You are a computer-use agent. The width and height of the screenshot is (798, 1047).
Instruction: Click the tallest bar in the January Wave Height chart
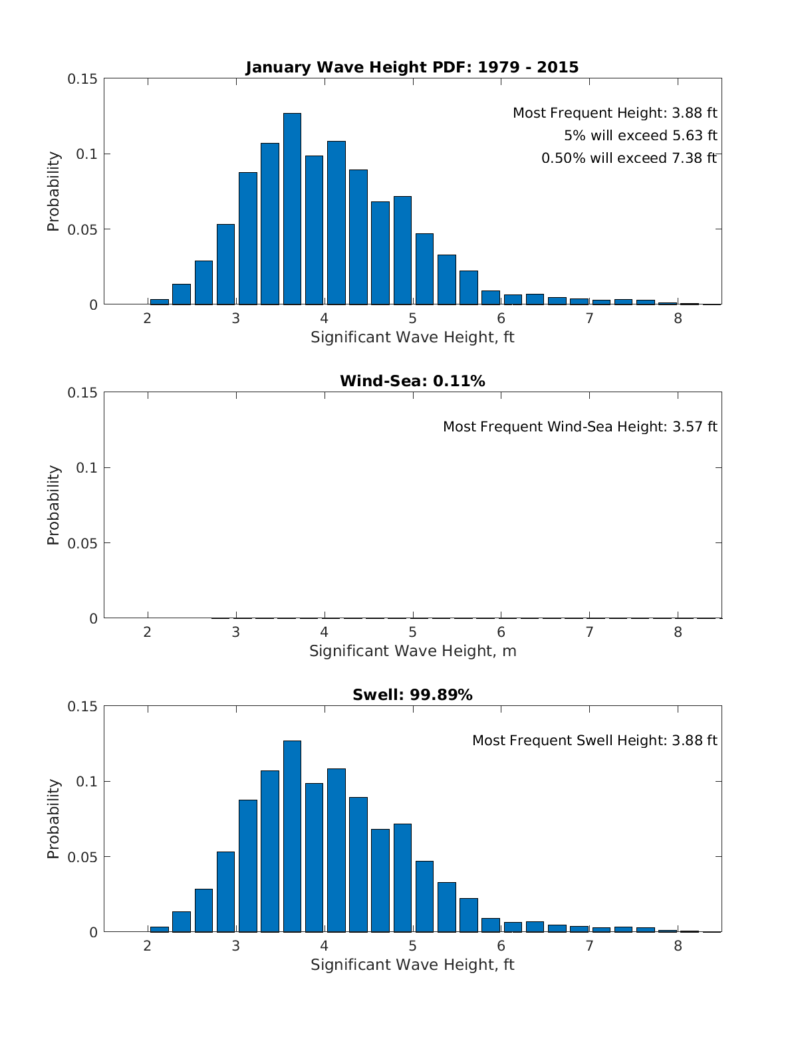(x=292, y=209)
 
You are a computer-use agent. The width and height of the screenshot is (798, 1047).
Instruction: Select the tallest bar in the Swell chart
(x=292, y=837)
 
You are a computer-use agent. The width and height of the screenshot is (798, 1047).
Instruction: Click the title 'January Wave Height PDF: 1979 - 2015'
(x=412, y=67)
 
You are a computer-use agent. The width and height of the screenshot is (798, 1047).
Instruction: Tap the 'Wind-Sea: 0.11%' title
(x=412, y=381)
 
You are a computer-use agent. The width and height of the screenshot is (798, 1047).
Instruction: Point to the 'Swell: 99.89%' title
(x=412, y=695)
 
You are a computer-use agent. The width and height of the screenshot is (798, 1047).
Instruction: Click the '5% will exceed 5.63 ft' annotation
(x=640, y=136)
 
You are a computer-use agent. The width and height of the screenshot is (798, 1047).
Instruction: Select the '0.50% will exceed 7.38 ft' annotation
(x=628, y=158)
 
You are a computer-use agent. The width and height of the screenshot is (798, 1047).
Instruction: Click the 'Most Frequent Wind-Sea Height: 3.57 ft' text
(x=579, y=426)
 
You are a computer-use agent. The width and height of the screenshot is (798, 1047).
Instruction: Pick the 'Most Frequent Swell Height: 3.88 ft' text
(x=595, y=741)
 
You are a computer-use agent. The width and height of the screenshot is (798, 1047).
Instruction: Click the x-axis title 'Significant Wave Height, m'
(x=412, y=651)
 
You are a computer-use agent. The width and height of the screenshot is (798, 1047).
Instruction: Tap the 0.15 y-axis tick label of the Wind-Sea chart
(x=82, y=393)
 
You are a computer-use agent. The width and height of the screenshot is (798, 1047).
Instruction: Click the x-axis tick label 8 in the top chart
(x=678, y=318)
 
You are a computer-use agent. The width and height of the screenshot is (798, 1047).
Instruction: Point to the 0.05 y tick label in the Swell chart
(x=82, y=857)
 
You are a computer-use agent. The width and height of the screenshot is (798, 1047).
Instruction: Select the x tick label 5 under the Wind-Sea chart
(x=412, y=632)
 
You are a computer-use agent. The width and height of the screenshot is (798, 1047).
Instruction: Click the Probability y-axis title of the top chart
(x=53, y=191)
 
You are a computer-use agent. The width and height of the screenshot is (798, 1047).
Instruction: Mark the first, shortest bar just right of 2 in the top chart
(x=160, y=302)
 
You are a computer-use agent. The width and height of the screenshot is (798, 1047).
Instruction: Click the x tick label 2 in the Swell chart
(x=148, y=946)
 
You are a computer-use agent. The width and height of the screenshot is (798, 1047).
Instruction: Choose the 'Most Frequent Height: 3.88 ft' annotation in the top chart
(x=614, y=113)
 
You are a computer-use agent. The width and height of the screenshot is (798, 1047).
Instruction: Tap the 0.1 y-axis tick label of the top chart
(x=87, y=154)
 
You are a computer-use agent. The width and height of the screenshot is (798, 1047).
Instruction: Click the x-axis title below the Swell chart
(x=412, y=965)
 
